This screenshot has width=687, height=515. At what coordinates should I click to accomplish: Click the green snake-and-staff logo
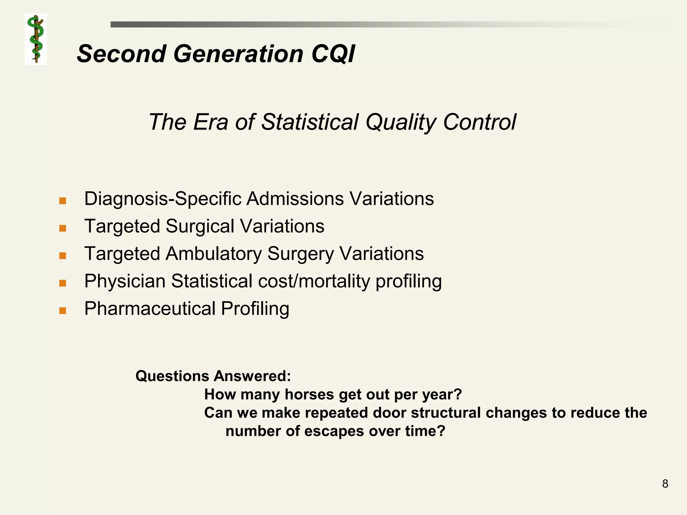tap(36, 39)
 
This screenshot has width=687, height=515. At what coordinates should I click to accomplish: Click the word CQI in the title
tap(333, 54)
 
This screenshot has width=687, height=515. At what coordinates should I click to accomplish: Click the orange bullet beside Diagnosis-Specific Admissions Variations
tap(62, 201)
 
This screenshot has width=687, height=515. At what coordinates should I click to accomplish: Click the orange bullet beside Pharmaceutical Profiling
tap(62, 310)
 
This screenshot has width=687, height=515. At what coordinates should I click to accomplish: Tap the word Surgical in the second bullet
tap(200, 226)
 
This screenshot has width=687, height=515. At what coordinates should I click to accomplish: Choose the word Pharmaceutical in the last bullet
tap(150, 308)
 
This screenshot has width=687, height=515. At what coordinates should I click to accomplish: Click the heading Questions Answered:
tap(213, 376)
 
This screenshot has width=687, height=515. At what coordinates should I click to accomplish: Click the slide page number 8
tap(665, 484)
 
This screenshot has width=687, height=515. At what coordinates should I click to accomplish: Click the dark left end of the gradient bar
tap(117, 24)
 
